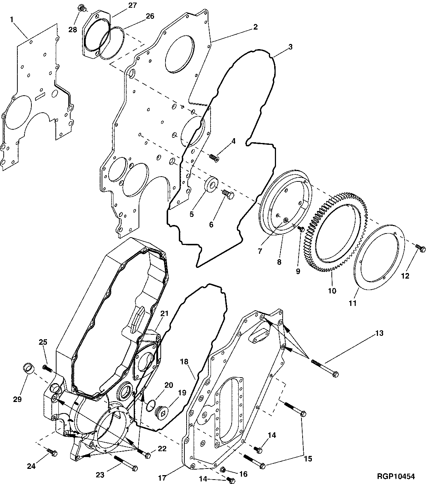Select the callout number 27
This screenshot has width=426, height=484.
122,5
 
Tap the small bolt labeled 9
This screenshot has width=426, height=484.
301,229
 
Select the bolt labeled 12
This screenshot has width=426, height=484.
419,247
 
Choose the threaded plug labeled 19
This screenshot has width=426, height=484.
161,412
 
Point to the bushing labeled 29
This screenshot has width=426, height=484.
28,368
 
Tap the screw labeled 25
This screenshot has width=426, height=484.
47,368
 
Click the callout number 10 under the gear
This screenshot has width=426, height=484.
332,291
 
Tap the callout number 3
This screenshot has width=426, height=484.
290,47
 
